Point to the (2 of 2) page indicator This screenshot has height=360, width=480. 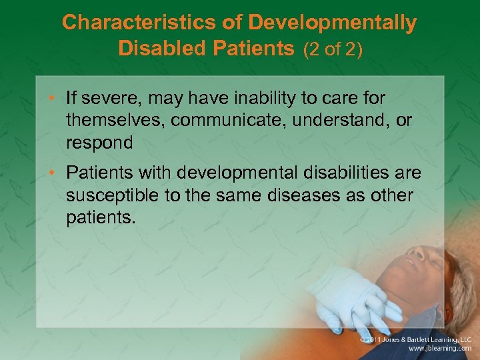click(333, 50)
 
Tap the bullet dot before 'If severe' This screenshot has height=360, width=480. click(55, 99)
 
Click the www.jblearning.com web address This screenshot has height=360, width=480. click(439, 349)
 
